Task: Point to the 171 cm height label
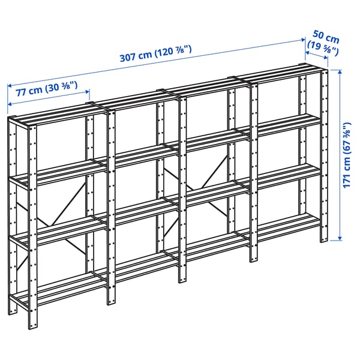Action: tap(346, 155)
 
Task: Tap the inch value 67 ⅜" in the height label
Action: tap(346, 139)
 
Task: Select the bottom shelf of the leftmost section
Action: tap(60, 288)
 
